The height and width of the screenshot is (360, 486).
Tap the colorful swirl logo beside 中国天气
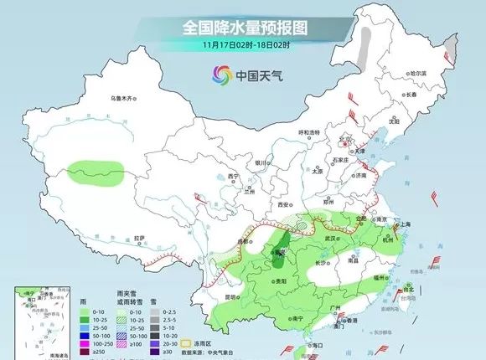coord(221,75)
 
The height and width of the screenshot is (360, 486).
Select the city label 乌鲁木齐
coord(123,99)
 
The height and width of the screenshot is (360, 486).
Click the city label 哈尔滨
coord(416,74)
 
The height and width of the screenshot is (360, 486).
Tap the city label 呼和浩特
coord(310,133)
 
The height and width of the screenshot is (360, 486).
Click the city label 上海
coord(408,224)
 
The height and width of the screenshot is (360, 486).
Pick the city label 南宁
coord(295,318)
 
